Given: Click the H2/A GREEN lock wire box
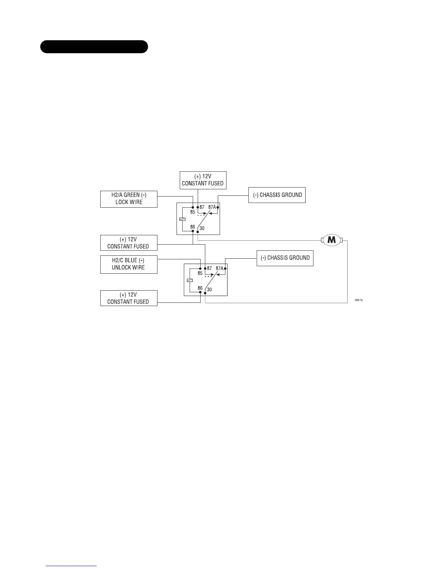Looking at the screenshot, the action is click(x=129, y=199).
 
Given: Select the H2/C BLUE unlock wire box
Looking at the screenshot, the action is click(x=129, y=264).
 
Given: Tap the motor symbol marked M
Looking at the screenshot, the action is click(x=331, y=240).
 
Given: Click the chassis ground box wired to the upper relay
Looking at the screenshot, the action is click(x=277, y=195).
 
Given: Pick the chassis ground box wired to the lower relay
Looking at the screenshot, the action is click(x=285, y=258).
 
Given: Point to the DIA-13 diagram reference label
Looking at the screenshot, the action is click(x=358, y=300).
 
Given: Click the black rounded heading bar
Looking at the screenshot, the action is click(x=94, y=47).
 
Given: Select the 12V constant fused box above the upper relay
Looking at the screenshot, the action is click(x=203, y=180).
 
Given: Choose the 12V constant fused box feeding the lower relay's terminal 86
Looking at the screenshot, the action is click(x=129, y=298).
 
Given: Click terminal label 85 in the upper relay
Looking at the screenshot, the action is click(x=193, y=212).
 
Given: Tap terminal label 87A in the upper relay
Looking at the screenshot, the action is click(x=212, y=207).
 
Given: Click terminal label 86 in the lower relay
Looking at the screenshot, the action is click(x=200, y=288).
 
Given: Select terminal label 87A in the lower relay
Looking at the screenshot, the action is click(x=219, y=268).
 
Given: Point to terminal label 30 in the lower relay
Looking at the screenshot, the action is click(x=209, y=290).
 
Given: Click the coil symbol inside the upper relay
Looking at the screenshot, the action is click(x=182, y=219).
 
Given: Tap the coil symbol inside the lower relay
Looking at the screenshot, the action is click(x=189, y=280).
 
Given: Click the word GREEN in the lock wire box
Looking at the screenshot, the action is click(x=132, y=195).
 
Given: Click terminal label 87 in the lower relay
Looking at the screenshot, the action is click(x=210, y=268).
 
